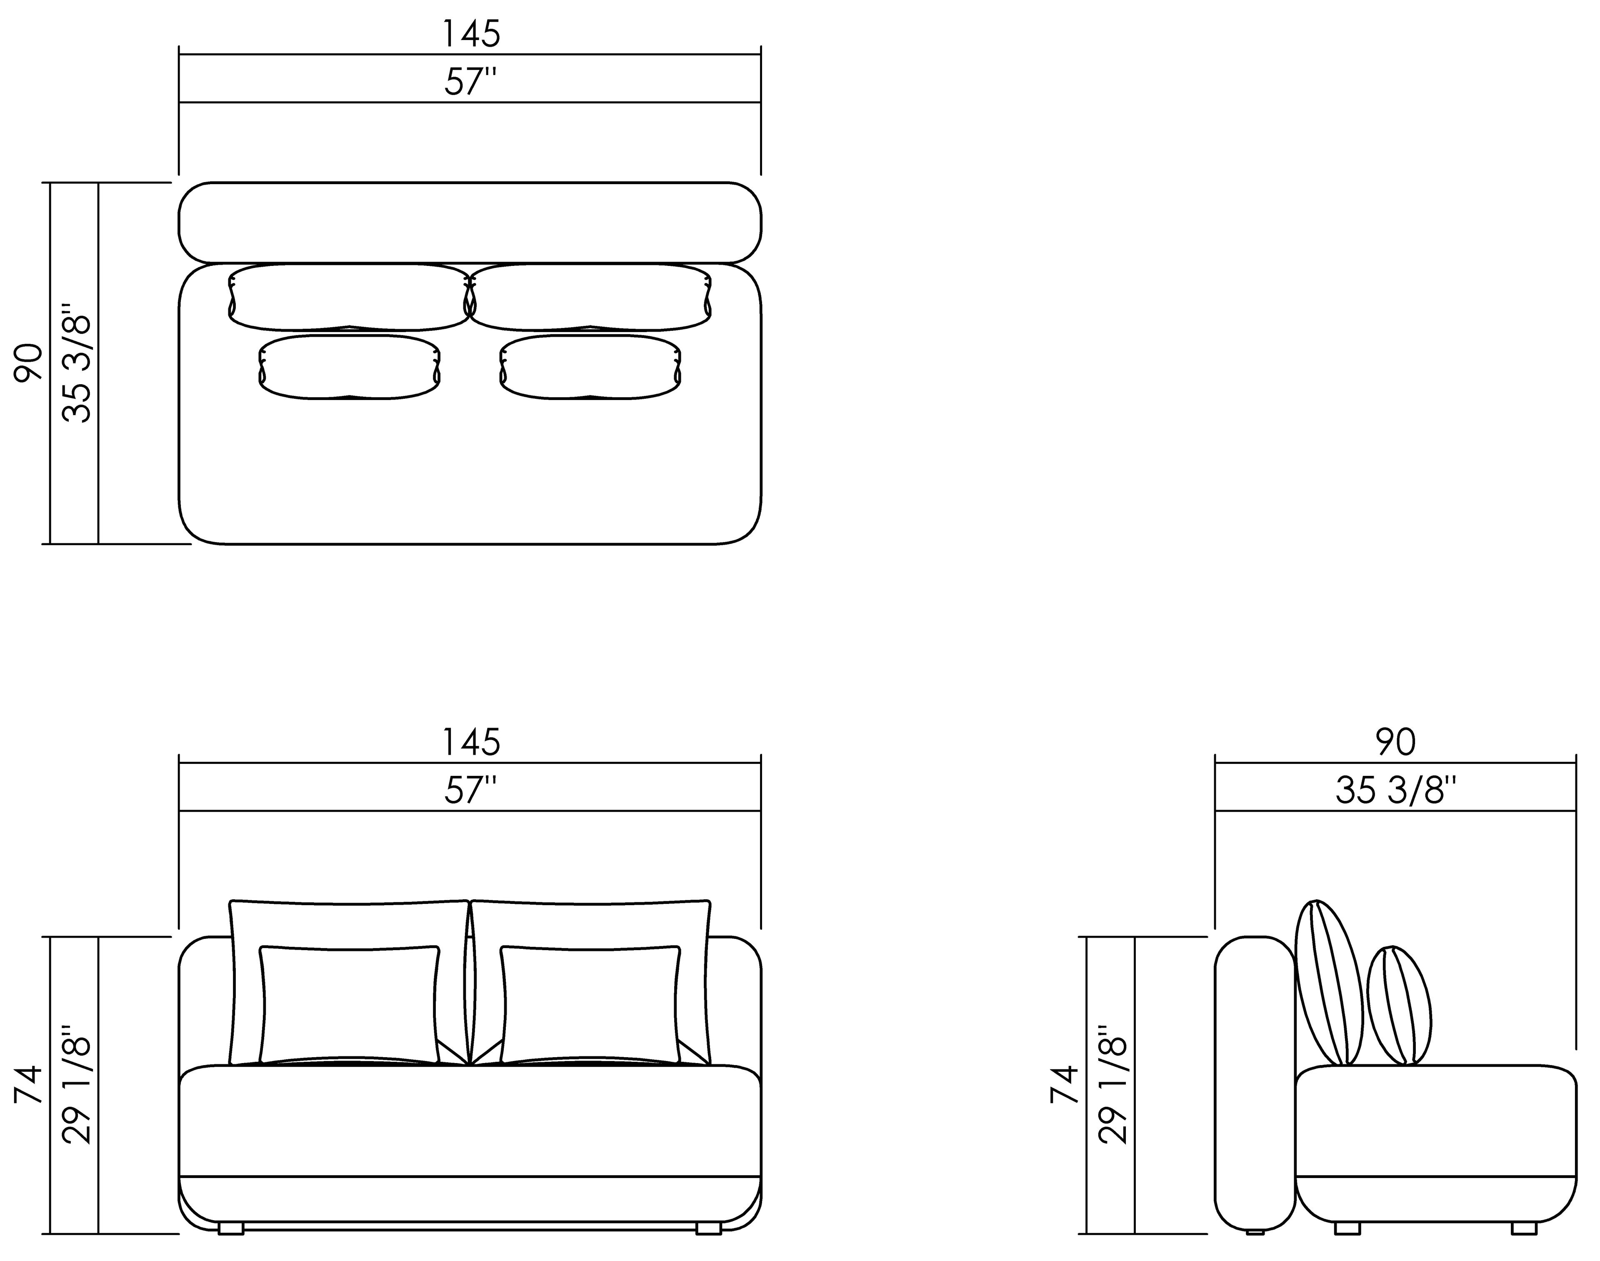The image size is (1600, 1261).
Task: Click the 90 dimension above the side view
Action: point(1395,742)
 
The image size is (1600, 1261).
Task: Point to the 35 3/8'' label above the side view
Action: point(1395,790)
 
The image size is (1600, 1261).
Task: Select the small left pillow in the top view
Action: point(349,367)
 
